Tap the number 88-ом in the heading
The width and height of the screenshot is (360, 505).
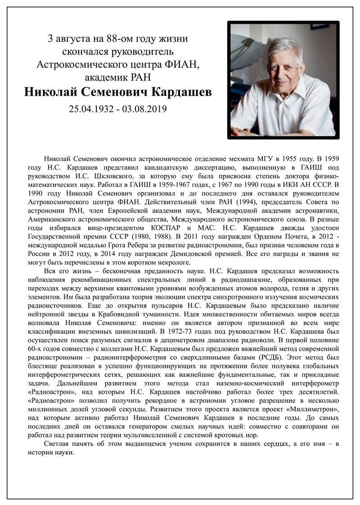tap(114, 39)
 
